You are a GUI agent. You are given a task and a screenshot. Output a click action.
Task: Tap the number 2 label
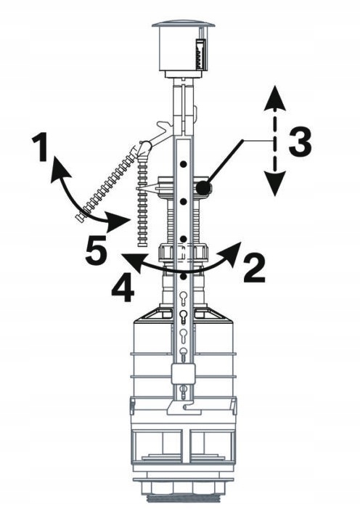254,268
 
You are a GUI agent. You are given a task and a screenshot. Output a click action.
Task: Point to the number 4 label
123,288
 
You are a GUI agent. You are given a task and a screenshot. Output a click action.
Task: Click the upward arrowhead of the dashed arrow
275,98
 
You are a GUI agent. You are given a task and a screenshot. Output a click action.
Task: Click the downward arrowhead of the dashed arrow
275,184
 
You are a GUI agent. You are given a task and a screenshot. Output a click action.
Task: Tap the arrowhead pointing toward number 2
231,252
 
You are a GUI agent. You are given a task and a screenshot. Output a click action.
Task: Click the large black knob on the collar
202,189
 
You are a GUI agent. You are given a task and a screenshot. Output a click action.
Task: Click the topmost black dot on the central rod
184,163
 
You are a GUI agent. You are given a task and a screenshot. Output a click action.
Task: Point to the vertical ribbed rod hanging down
142,201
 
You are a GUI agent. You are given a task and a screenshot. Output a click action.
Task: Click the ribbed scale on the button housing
200,54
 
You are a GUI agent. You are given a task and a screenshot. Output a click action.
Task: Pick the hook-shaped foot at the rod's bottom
184,407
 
